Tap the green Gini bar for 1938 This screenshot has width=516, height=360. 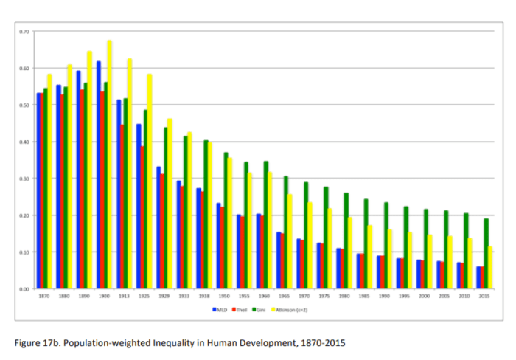coord(206,214)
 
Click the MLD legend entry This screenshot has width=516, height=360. coord(217,308)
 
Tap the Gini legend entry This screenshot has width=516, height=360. coord(259,308)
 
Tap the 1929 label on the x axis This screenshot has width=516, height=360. coord(164,296)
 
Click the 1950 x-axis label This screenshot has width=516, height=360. coord(223,296)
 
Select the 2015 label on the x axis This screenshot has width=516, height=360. coord(484,296)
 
